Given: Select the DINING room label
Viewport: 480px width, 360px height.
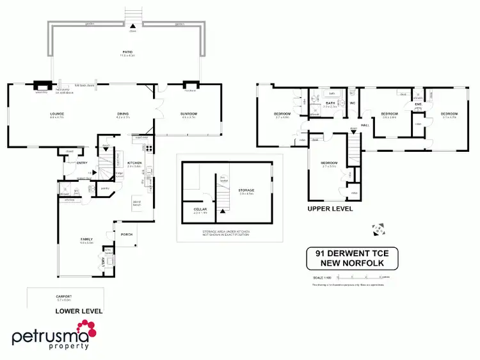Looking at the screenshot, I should coord(123,115).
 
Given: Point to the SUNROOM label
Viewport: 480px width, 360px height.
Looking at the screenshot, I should coord(188,115).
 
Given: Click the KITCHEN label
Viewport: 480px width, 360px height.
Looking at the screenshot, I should coord(134,163).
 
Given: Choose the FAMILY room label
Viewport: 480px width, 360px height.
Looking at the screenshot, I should coord(86,239).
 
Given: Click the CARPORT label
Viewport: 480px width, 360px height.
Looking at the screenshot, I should coord(63,297).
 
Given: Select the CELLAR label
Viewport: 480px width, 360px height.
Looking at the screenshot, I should coord(200,209).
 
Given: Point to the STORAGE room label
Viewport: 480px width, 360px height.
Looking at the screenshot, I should coord(246,190).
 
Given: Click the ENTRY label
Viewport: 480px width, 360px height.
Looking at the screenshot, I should coord(82,163).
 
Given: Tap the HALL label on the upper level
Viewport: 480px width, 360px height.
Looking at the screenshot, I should coord(365,126).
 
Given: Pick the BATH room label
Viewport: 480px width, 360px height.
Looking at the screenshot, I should coord(331,103).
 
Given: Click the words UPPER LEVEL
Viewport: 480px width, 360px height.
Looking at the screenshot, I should coord(330,209).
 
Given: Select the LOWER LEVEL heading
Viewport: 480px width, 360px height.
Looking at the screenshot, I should coord(79,311).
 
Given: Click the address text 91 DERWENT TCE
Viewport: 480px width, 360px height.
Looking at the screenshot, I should coord(351,252).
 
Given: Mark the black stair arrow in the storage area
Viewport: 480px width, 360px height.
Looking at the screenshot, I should coord(223,201).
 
